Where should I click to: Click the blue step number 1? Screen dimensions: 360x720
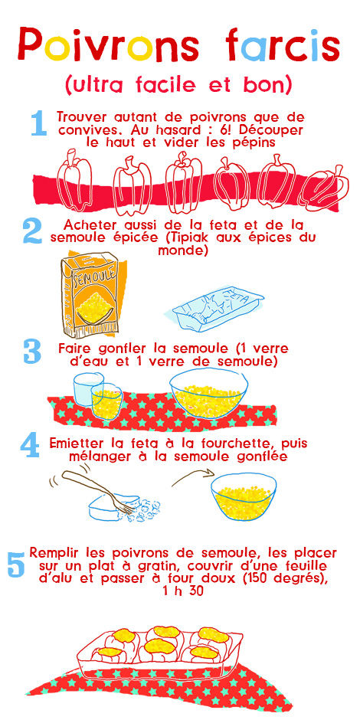[x=39, y=124]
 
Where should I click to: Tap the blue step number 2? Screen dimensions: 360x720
[x=33, y=232]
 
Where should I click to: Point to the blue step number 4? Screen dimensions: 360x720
[x=30, y=446]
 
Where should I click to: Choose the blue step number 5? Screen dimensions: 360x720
[x=17, y=565]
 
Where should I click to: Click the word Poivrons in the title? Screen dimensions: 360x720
[x=108, y=45]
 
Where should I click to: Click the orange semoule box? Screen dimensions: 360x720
[x=90, y=295]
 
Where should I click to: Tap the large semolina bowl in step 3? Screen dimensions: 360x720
[x=209, y=394]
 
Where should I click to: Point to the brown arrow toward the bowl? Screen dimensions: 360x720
[x=193, y=476]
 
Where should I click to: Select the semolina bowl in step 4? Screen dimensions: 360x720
[x=244, y=496]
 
